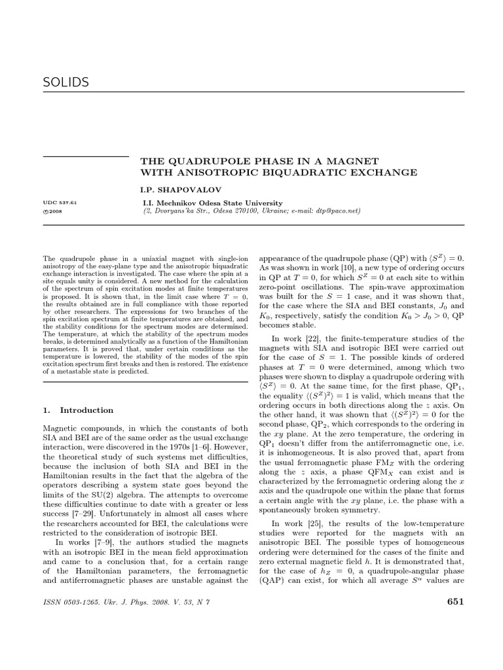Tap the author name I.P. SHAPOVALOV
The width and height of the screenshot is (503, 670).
174,190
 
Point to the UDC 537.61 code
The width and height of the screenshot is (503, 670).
60,203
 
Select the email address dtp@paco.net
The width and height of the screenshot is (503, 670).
339,212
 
